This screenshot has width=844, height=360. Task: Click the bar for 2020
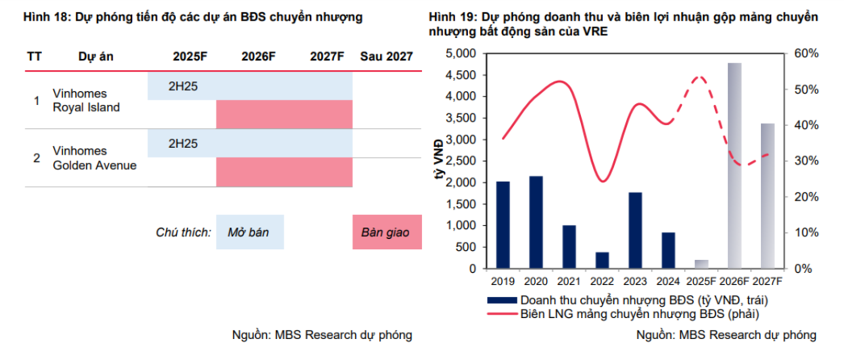[536, 222]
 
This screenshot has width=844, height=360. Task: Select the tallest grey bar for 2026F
[734, 165]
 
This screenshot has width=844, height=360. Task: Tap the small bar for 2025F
[701, 264]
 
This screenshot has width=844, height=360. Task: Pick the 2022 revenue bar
[602, 260]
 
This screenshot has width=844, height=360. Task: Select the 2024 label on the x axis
[668, 281]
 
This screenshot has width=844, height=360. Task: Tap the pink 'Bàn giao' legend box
[386, 232]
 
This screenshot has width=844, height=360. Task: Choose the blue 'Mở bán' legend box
[249, 232]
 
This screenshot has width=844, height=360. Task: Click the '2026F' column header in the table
[258, 57]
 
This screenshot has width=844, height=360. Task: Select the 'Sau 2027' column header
[386, 57]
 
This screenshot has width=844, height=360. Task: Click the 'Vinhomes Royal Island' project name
[86, 100]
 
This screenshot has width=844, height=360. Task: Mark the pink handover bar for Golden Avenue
[284, 172]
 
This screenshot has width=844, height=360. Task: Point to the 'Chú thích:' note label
[183, 232]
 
